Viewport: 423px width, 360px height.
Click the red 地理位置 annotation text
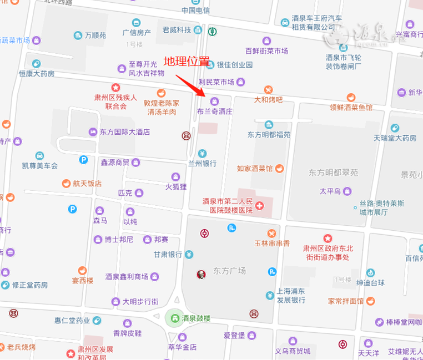point(186,61)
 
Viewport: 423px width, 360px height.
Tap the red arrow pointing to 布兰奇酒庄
point(192,85)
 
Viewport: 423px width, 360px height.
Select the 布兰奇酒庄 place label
point(214,111)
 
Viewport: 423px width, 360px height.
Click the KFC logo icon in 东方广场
point(200,274)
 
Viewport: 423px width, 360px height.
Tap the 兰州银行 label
point(202,164)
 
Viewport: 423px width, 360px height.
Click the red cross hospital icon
point(259,206)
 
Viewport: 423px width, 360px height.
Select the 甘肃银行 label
point(168,255)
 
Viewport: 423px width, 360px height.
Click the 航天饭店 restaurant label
point(87,183)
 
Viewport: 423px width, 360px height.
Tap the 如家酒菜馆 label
point(255,168)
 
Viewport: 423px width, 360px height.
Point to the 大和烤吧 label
point(268,100)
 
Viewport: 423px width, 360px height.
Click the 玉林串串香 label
point(272,243)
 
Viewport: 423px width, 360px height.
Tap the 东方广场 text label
point(229,271)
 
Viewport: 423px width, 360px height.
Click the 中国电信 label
point(195,10)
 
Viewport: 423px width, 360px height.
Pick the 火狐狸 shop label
point(175,186)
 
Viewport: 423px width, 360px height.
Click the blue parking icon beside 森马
point(72,209)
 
